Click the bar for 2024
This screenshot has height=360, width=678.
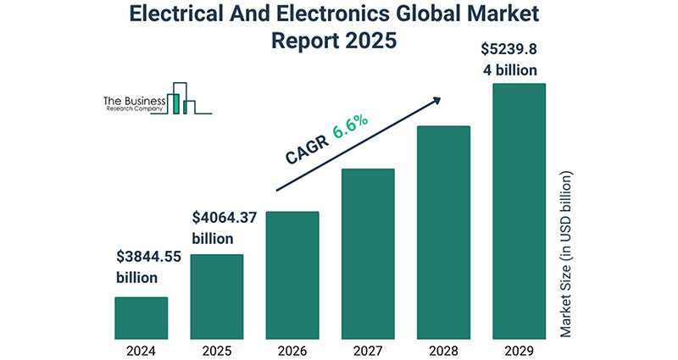point(141,318)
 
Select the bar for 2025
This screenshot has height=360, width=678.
point(216,296)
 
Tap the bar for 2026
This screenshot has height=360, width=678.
point(292,275)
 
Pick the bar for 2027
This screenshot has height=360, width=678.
point(367,253)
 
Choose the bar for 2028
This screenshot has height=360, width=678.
point(442,232)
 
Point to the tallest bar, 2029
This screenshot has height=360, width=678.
point(519,211)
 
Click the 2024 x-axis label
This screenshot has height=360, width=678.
point(141,348)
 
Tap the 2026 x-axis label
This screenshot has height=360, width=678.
point(292,348)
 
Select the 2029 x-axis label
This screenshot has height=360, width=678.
point(519,348)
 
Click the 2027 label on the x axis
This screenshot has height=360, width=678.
point(367,348)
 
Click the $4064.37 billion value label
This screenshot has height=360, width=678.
point(224,229)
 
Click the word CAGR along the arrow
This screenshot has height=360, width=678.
point(303,152)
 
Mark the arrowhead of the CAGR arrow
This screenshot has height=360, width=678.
point(436,100)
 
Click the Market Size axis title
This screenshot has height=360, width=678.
point(567,254)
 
